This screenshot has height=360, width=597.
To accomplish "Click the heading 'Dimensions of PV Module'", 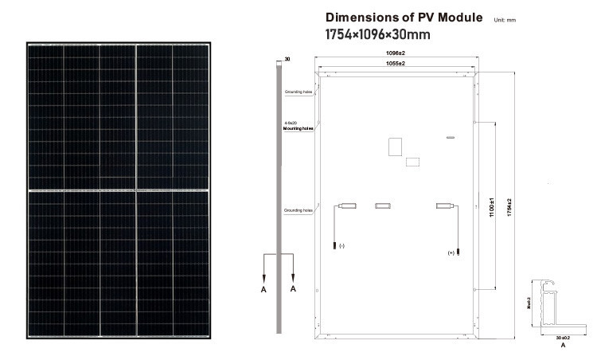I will pos(404,18).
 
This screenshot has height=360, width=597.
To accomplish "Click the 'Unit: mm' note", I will pos(505,19).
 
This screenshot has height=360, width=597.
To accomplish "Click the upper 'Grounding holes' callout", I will pos(298,92).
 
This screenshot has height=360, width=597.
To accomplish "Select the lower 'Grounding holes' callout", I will pos(298,210).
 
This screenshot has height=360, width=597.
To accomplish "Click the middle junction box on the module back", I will pos(384,206).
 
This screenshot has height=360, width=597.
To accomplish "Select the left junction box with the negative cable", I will pos(346,206).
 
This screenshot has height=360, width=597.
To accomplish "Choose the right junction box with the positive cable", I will pos(443,206).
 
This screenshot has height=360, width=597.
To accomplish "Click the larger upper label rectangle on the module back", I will pos(394,147).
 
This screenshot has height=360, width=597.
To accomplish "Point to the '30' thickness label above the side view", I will pos(287,59).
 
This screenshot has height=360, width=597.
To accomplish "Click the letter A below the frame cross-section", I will pos(563,348).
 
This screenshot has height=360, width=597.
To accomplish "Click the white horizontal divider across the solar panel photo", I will pos(119,191).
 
